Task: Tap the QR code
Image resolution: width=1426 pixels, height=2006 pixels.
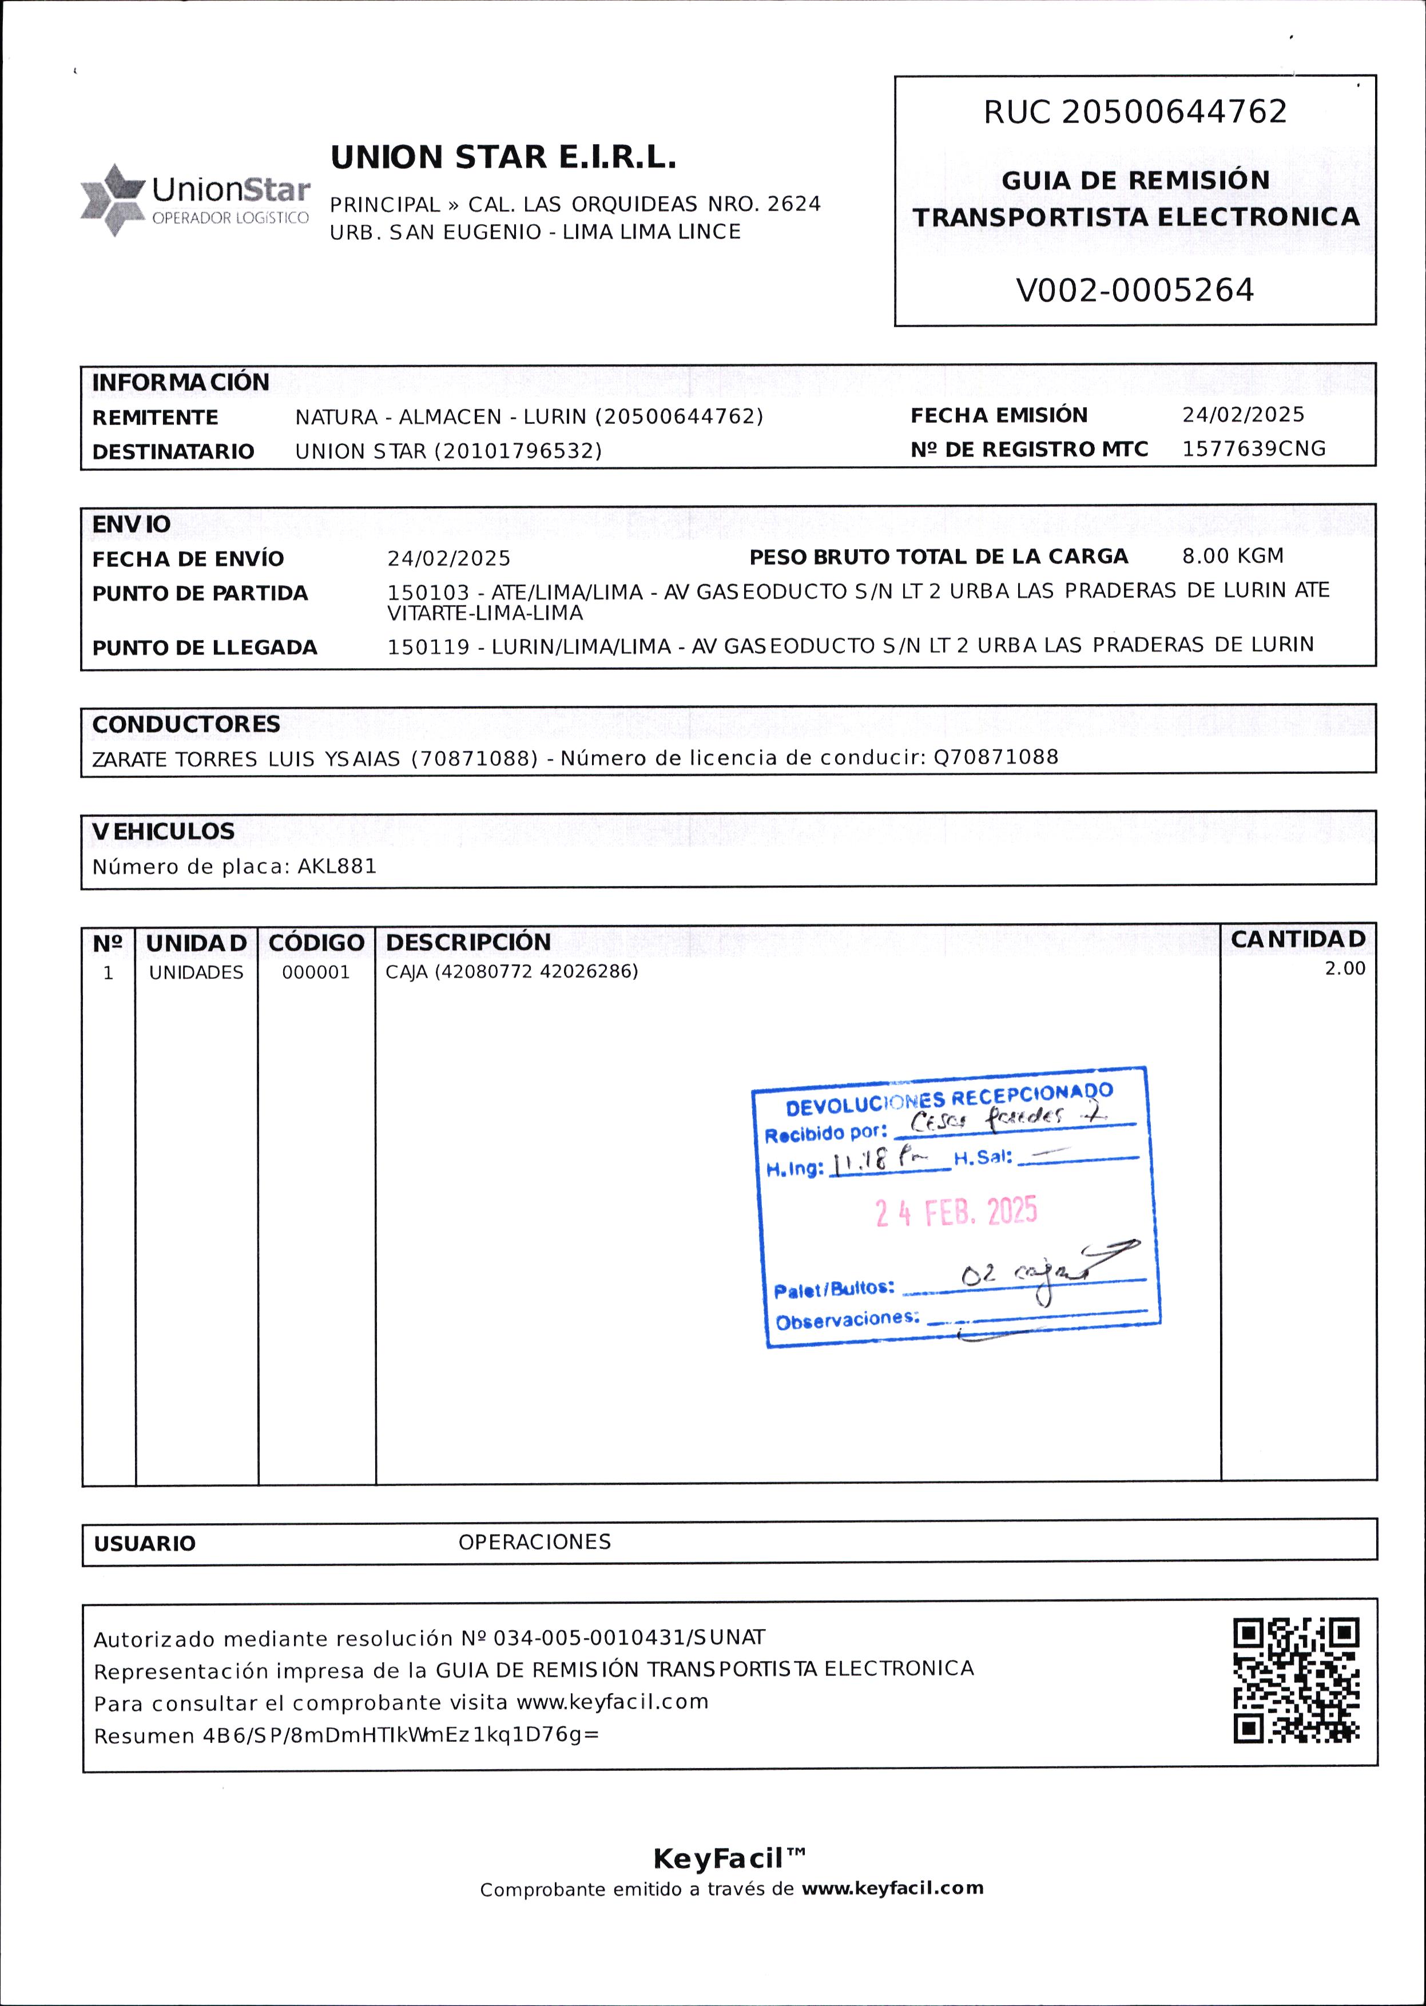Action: pos(1296,1681)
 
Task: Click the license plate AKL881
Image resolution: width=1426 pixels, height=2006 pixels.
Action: pos(337,867)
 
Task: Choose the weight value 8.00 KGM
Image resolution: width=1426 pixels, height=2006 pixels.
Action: pos(1232,556)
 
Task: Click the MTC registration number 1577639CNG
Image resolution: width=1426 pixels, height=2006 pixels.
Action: pos(1253,448)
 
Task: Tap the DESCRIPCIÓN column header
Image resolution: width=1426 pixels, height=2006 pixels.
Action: pos(468,942)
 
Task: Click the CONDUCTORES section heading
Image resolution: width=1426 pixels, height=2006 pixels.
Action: pos(186,724)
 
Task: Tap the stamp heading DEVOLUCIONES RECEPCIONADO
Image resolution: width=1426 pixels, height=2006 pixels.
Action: pos(948,1098)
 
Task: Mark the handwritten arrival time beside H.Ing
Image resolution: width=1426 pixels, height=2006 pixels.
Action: pos(880,1162)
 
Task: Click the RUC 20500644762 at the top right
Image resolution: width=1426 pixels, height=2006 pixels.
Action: pos(1134,112)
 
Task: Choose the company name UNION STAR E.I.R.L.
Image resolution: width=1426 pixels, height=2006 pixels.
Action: pos(503,158)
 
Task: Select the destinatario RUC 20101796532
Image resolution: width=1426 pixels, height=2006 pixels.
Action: pos(520,451)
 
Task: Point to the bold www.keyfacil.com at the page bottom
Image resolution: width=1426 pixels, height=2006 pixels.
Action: pos(892,1888)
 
